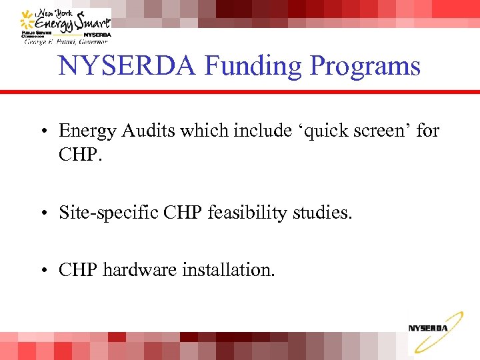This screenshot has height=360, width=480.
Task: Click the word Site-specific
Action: [107, 213]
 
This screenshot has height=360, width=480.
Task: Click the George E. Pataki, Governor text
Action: [65, 41]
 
